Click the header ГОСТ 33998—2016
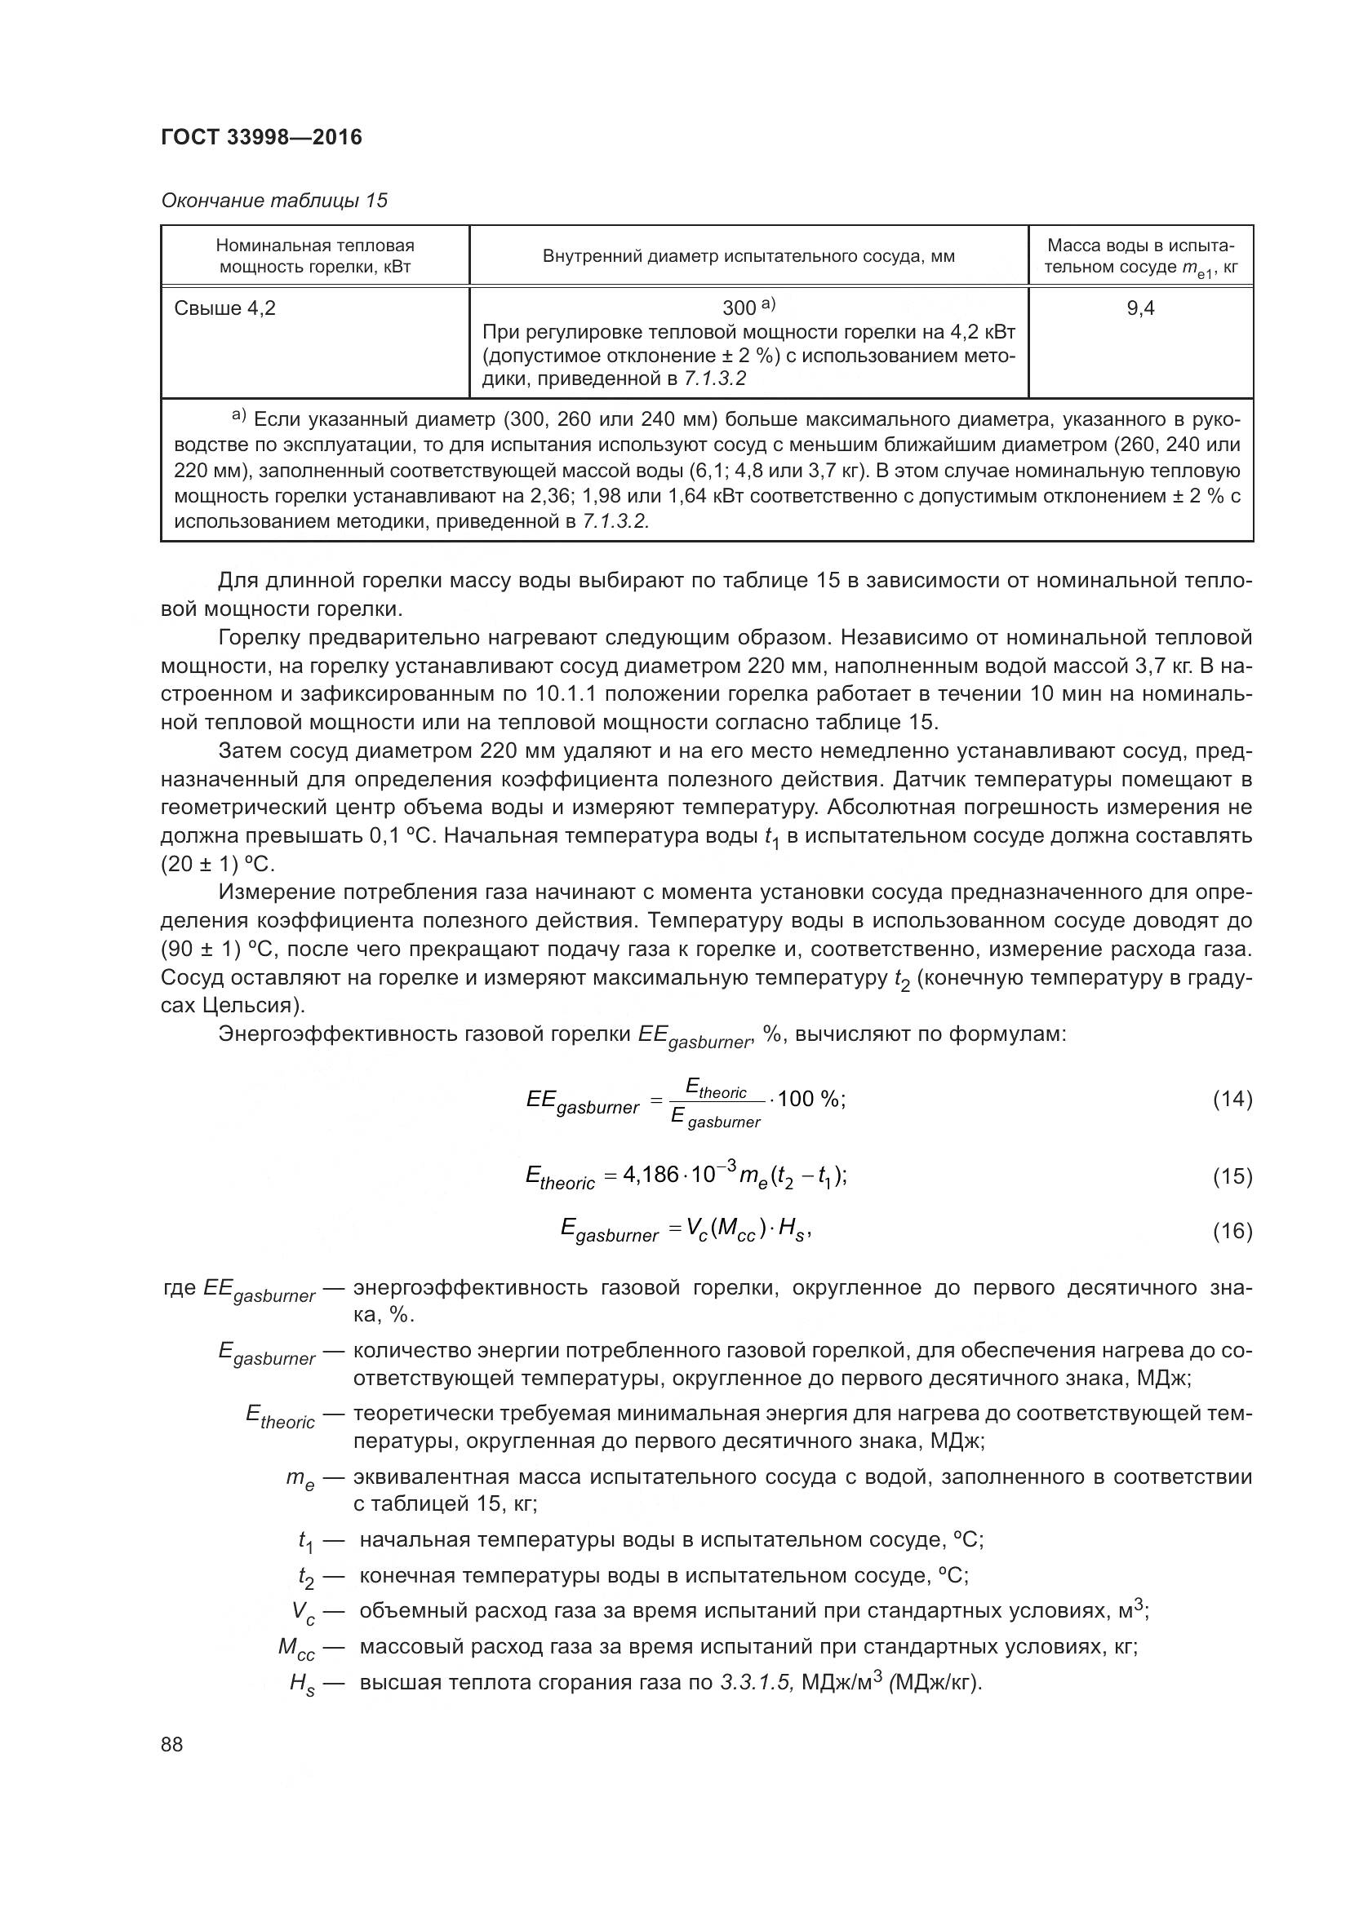[x=262, y=137]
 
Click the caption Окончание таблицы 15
[x=274, y=201]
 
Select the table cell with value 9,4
[x=1139, y=308]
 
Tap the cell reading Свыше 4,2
[x=225, y=308]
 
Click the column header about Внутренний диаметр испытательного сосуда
[x=748, y=256]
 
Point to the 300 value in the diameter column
[x=739, y=308]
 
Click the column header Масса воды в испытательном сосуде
[x=1139, y=256]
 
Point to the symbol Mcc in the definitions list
[x=296, y=1649]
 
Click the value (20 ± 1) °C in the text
[x=216, y=863]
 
